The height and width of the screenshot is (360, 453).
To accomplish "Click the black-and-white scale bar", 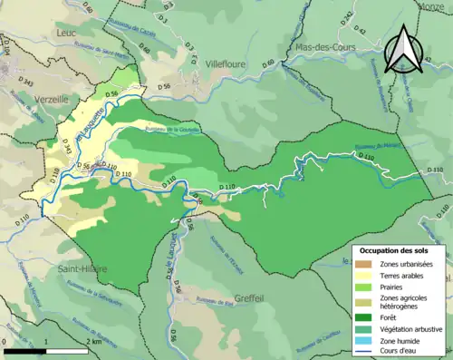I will click(x=45, y=349).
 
